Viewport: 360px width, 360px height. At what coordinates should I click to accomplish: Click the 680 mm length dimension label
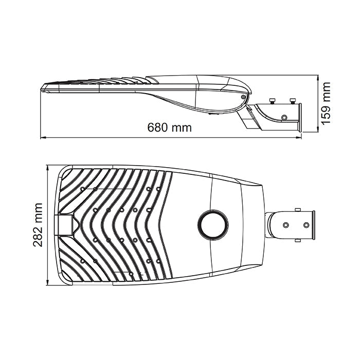pyautogui.click(x=169, y=128)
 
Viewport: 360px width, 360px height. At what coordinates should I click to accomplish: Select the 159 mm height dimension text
pyautogui.click(x=326, y=103)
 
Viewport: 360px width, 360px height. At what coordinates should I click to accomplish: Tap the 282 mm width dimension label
pyautogui.click(x=38, y=225)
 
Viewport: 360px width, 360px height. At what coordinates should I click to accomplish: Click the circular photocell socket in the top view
pyautogui.click(x=213, y=225)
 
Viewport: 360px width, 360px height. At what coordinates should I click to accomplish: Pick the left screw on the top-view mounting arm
pyautogui.click(x=285, y=225)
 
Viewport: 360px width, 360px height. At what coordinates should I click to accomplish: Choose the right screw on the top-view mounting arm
pyautogui.click(x=307, y=225)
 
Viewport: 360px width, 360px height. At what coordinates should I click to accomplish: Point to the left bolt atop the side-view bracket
pyautogui.click(x=272, y=101)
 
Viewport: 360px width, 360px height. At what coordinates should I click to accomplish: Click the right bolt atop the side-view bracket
pyautogui.click(x=293, y=101)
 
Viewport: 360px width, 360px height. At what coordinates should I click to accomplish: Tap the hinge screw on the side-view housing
pyautogui.click(x=243, y=97)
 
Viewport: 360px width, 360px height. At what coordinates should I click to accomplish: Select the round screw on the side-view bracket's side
pyautogui.click(x=284, y=117)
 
